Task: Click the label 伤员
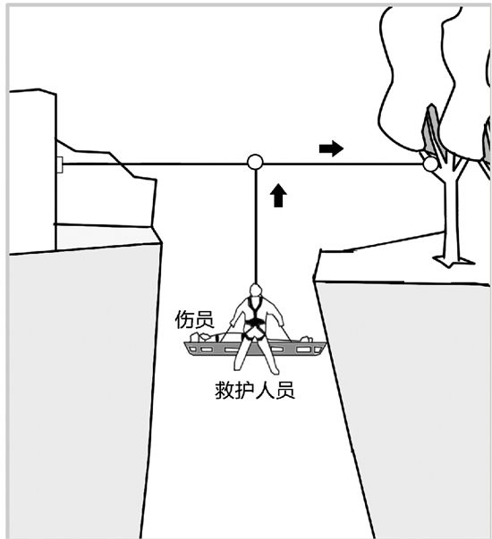point(194,320)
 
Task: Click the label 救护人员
point(255,390)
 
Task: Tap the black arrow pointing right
point(331,148)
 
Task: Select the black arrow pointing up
point(278,196)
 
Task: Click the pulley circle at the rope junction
point(255,163)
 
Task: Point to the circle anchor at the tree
point(430,164)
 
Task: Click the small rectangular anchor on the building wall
point(60,164)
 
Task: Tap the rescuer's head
point(255,290)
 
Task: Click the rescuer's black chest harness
point(255,315)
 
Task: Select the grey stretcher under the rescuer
point(255,349)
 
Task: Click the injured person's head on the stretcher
point(197,338)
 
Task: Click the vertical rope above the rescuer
point(256,227)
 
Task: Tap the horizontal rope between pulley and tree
point(343,164)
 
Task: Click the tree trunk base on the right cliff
point(454,260)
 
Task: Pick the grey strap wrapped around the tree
point(431,129)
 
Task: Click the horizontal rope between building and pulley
point(155,164)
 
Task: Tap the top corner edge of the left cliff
point(160,243)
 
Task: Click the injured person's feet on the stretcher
point(307,340)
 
